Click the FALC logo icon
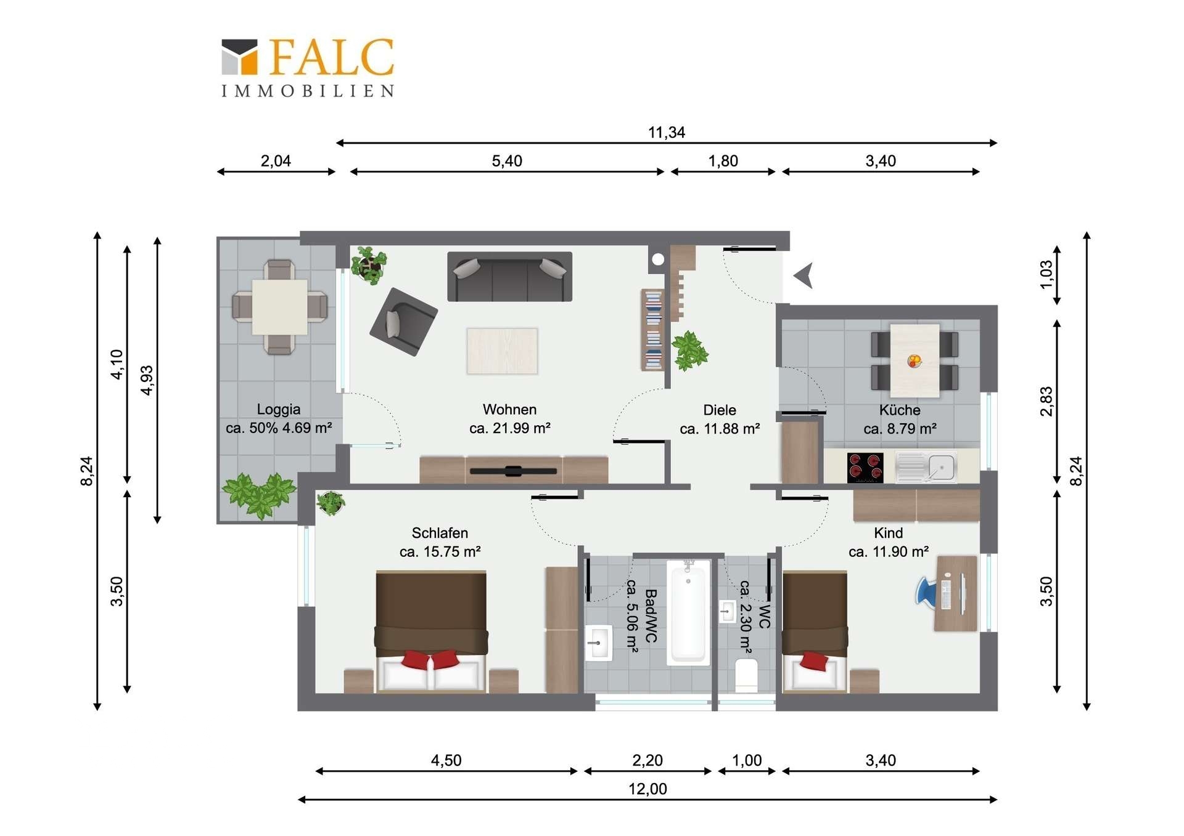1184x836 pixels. coord(239,57)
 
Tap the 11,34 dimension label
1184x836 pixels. coord(666,132)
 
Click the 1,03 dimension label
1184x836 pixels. coord(1046,275)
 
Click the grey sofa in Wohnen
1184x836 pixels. coord(509,277)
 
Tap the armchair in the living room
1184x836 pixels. coord(403,322)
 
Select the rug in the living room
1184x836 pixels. coord(502,351)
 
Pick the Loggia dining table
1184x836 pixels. coord(279,307)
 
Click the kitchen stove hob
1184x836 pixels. coord(865,468)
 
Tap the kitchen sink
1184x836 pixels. coord(926,468)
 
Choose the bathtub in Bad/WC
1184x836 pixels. coord(688,612)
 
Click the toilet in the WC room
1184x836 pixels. coord(747,675)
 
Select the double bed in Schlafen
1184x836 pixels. coord(431,631)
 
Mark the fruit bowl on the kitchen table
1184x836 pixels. coord(915,360)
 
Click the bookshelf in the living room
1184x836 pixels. coord(652,330)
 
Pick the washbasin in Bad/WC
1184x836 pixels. coord(598,643)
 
